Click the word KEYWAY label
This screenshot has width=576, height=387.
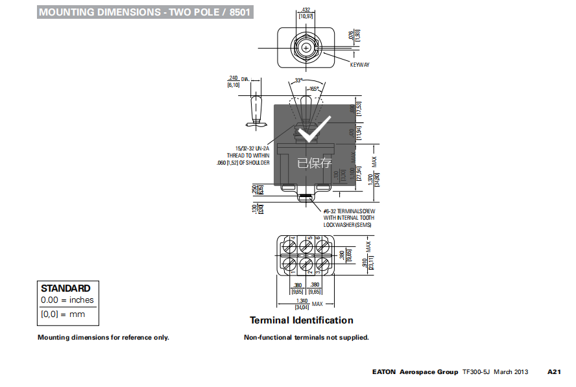tap(359, 65)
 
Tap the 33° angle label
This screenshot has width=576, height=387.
tap(298, 80)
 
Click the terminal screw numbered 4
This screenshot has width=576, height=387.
tap(289, 246)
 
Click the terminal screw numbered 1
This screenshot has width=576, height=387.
tap(289, 264)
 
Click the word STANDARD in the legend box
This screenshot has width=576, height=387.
tap(66, 288)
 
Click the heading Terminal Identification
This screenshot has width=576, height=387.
tap(302, 320)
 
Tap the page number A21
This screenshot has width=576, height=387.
tap(554, 372)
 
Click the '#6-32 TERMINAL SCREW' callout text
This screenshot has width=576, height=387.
tap(350, 211)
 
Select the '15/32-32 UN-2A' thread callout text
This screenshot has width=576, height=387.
tap(252, 148)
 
